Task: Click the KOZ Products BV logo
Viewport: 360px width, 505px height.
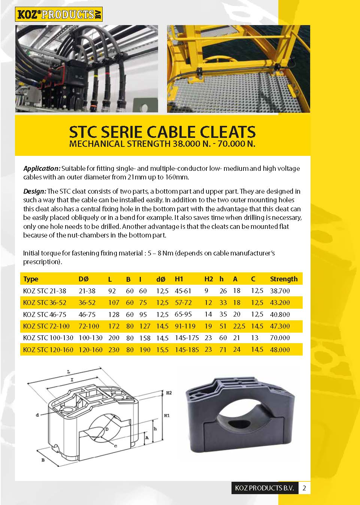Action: (x=58, y=15)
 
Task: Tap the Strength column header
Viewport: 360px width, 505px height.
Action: (x=284, y=279)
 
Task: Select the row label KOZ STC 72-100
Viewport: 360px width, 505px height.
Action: (x=46, y=326)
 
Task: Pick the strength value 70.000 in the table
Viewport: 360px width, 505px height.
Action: (x=280, y=338)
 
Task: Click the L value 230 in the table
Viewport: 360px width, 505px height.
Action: (x=114, y=350)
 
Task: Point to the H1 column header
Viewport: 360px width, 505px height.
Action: (x=179, y=279)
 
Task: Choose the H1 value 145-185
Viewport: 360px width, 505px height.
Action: (x=187, y=350)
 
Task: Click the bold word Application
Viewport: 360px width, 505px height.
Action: (x=42, y=169)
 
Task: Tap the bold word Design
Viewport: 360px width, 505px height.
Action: (x=35, y=191)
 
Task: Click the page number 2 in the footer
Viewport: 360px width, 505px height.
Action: (x=304, y=488)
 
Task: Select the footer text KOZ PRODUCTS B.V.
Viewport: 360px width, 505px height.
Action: (x=264, y=488)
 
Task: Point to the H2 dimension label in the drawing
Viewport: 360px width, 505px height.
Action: (x=169, y=393)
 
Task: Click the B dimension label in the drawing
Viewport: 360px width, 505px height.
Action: (x=43, y=460)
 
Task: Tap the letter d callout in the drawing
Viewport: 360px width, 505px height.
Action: (x=37, y=415)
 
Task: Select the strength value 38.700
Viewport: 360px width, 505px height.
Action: (x=280, y=291)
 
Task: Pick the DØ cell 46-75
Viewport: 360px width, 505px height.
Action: (x=87, y=314)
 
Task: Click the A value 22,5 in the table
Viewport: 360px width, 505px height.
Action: (x=239, y=326)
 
